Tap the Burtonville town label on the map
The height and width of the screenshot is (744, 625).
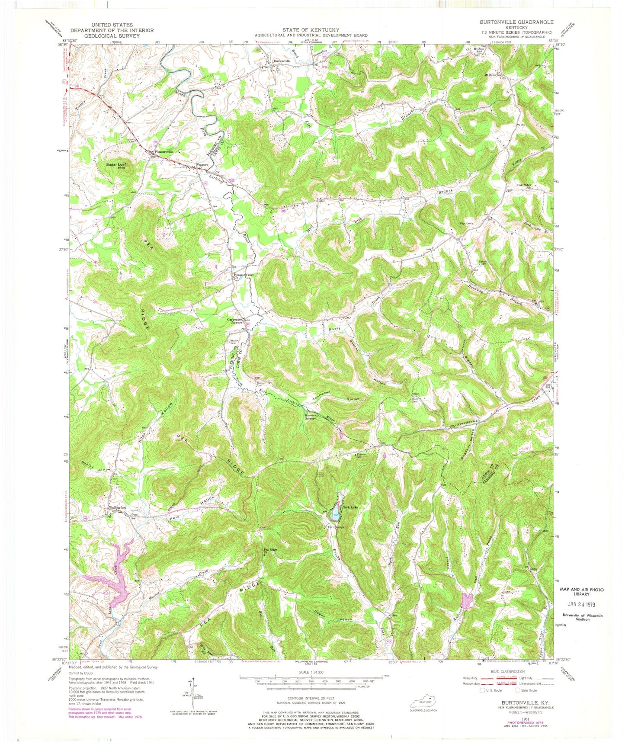point(282,61)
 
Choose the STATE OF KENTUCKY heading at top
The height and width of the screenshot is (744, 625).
point(311,30)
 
